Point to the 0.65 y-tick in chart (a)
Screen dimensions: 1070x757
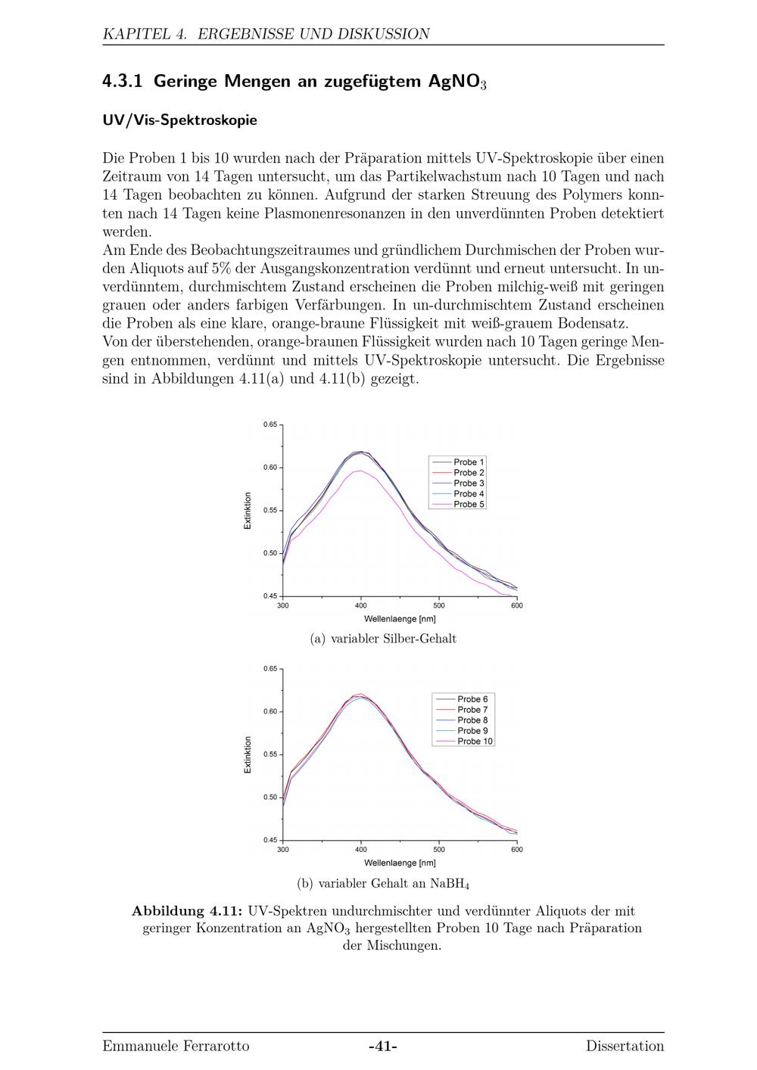tap(270, 425)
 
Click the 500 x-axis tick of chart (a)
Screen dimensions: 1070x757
tap(439, 605)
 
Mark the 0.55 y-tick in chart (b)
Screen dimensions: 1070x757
tap(270, 754)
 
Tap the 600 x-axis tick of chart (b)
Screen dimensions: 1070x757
tap(516, 850)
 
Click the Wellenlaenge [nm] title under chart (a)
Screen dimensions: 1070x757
tap(400, 619)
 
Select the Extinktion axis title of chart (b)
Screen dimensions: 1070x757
tap(248, 754)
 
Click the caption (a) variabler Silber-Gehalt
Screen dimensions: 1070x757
tap(383, 639)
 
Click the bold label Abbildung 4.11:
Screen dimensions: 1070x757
tap(187, 911)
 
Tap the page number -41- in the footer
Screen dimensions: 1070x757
tap(383, 1047)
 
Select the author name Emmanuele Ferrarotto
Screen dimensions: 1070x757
tap(176, 1047)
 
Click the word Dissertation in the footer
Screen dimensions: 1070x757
tap(625, 1047)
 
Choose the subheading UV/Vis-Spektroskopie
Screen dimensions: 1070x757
tap(179, 120)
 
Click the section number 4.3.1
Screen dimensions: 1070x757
tap(123, 82)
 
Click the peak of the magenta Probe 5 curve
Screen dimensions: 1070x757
tap(361, 471)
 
